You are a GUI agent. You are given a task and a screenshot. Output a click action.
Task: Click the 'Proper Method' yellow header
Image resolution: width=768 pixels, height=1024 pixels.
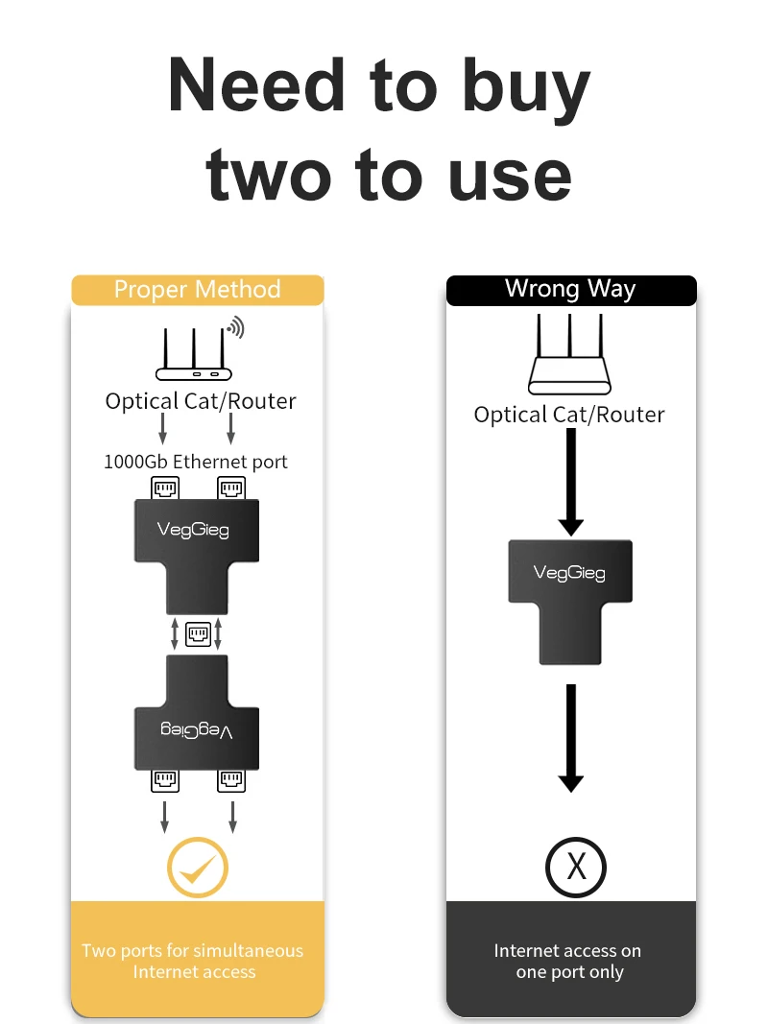[x=197, y=289]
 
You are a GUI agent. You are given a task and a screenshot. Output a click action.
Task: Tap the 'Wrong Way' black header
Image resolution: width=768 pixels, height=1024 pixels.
[x=571, y=289]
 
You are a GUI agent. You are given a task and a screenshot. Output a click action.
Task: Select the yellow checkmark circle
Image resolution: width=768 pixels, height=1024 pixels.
[x=197, y=867]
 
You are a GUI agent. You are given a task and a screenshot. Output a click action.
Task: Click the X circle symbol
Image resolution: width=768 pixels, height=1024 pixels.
[x=576, y=867]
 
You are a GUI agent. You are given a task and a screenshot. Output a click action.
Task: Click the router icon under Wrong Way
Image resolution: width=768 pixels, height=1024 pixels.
[x=569, y=353]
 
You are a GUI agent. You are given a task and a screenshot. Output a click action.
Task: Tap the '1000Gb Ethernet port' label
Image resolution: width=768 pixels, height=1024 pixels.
[x=195, y=462]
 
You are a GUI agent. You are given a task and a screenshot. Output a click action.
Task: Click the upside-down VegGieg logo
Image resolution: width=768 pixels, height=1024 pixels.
[x=197, y=730]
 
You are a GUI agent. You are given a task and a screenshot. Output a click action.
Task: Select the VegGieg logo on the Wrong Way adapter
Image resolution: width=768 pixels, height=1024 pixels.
[x=569, y=573]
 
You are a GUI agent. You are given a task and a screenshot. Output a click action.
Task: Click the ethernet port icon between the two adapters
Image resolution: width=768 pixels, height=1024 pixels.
[x=198, y=634]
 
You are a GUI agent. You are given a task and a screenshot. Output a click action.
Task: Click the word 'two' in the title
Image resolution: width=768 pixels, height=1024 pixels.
[x=269, y=175]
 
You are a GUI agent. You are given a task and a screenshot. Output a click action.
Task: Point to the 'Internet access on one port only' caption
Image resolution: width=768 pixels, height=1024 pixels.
[x=568, y=961]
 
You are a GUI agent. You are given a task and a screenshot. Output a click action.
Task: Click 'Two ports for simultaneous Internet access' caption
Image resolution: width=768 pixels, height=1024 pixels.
[x=193, y=961]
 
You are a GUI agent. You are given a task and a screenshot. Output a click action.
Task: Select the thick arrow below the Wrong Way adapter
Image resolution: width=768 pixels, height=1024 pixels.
[x=571, y=738]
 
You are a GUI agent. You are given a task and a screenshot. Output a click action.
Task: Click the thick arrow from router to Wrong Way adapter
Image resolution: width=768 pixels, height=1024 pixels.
[x=571, y=482]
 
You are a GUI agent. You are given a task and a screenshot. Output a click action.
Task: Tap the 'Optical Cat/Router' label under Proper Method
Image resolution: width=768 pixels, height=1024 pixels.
[x=201, y=401]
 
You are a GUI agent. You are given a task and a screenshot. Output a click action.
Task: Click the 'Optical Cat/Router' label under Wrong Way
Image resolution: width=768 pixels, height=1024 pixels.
[x=569, y=415]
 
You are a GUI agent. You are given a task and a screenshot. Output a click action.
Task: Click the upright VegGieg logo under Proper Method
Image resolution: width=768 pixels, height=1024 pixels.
[x=193, y=529]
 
